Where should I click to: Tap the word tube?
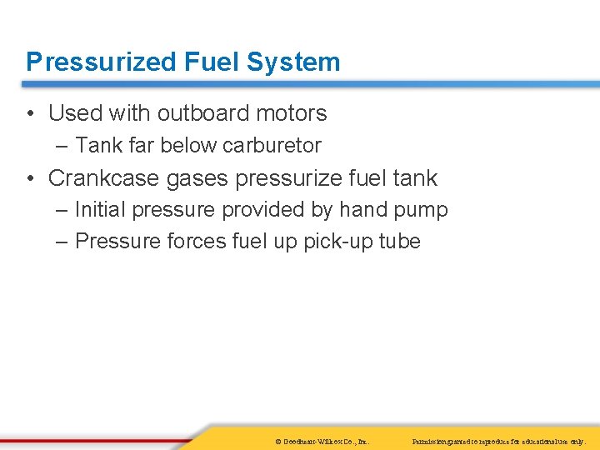pyautogui.click(x=400, y=242)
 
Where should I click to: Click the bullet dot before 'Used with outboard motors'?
pyautogui.click(x=30, y=113)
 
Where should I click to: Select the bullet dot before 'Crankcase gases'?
pyautogui.click(x=30, y=178)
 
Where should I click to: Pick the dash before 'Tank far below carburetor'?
pyautogui.click(x=63, y=146)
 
